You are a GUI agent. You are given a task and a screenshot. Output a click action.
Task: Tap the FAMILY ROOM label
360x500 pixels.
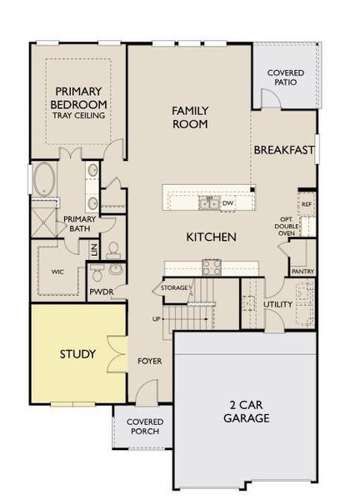coord(189,117)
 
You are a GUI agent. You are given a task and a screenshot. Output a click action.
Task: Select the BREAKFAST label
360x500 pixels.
coord(284,150)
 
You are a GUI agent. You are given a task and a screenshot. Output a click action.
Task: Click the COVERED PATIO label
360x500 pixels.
coord(285,79)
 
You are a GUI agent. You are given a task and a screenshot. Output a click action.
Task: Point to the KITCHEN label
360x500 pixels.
coord(211,237)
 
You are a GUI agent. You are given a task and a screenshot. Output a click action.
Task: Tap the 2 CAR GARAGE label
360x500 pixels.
coord(246,412)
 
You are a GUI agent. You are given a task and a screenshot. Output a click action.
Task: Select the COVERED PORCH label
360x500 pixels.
coord(144,427)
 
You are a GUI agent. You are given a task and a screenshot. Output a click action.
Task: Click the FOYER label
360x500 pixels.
coord(149,361)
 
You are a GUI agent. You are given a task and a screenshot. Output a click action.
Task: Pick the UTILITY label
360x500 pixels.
coord(277,304)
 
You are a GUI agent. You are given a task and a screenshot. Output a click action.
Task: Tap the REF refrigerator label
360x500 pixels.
coord(306,203)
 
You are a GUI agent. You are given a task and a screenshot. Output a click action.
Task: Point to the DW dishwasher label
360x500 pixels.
coord(227,202)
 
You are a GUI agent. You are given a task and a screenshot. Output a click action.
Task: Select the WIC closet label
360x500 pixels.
coord(57,272)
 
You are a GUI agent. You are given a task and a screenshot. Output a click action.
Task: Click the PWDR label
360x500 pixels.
coord(100,292)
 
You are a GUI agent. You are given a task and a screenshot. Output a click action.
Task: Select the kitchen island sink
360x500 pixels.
coord(207,202)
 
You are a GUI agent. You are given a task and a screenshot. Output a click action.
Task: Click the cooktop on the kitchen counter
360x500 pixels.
coord(211,267)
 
